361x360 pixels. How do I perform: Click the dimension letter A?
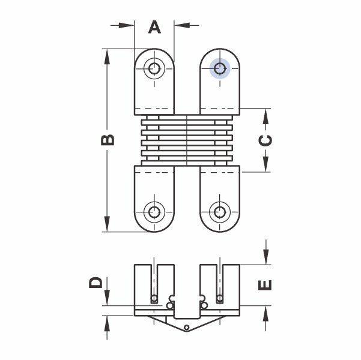pyautogui.click(x=154, y=27)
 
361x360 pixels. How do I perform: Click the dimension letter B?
pyautogui.click(x=107, y=139)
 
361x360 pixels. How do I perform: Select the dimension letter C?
pyautogui.click(x=265, y=140)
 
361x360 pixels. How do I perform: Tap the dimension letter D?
pyautogui.click(x=96, y=283)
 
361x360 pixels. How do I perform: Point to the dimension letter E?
pyautogui.click(x=265, y=284)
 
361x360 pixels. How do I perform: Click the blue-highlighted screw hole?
pyautogui.click(x=220, y=69)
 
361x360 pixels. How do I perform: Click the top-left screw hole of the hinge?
pyautogui.click(x=155, y=68)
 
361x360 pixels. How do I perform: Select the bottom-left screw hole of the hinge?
pyautogui.click(x=155, y=211)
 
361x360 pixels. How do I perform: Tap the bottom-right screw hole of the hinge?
pyautogui.click(x=220, y=211)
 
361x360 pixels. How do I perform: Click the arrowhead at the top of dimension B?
pyautogui.click(x=107, y=55)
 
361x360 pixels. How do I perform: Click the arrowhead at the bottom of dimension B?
pyautogui.click(x=107, y=226)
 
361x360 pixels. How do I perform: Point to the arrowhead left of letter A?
pyautogui.click(x=128, y=25)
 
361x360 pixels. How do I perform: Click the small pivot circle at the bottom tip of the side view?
pyautogui.click(x=187, y=327)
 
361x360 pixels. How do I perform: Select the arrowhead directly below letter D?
pyautogui.click(x=107, y=300)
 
